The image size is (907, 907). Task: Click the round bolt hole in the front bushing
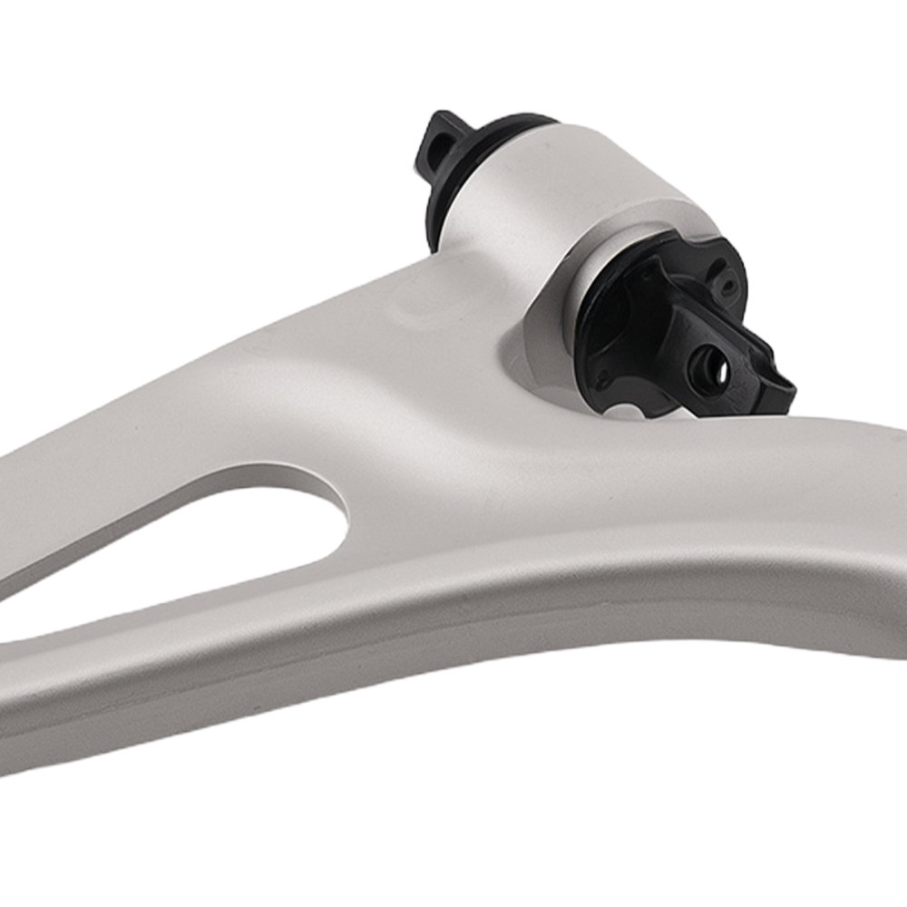[708, 366]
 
